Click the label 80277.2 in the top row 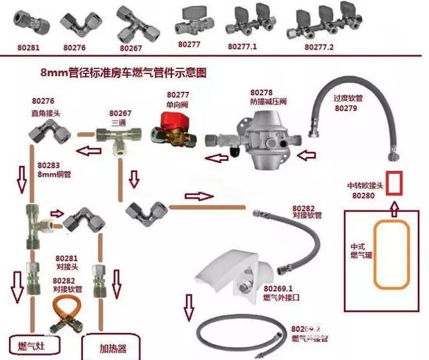point(319,47)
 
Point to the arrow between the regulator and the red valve point(216,157)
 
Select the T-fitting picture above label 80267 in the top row point(130,22)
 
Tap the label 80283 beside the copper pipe point(49,165)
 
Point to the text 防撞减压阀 point(269,102)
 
